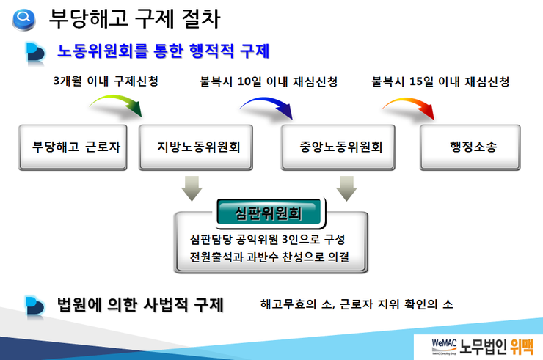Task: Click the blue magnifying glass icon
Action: pos(23,19)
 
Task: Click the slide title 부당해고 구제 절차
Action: pos(135,18)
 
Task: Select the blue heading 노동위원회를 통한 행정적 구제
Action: pos(163,51)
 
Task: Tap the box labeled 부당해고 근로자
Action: pos(73,147)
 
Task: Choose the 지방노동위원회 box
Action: pos(196,147)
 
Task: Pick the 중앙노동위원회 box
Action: pos(338,147)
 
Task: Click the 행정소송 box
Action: pos(470,147)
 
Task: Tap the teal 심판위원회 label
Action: pos(269,213)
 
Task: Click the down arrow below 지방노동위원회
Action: pos(192,188)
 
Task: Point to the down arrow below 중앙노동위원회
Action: pos(346,188)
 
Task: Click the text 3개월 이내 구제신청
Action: pos(106,81)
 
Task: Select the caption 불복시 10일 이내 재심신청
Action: pos(269,81)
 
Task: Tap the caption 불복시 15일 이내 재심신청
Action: pos(440,81)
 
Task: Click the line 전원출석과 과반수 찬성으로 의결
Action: pos(269,257)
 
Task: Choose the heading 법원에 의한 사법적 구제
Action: pos(140,305)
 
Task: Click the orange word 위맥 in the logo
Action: pos(522,347)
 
